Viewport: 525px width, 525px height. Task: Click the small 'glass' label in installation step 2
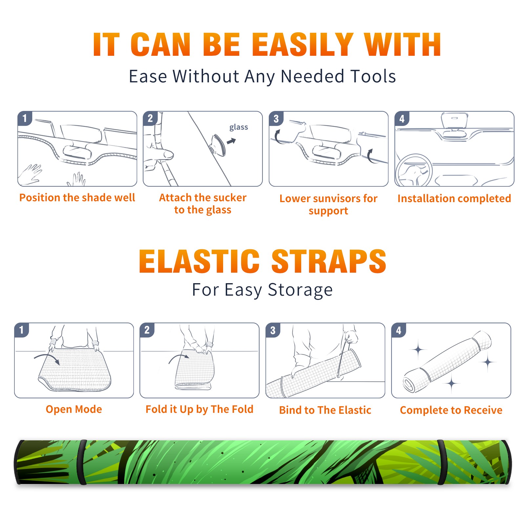tap(239, 127)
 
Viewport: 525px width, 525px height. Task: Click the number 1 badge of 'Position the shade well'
tap(25, 118)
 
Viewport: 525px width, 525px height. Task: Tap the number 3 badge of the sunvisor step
tap(276, 118)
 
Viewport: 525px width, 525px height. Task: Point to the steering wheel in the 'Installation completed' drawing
tap(414, 170)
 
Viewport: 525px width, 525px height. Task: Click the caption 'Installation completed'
tap(454, 199)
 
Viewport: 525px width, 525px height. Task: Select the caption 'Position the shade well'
tap(77, 198)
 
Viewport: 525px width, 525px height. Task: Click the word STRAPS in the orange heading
tap(329, 261)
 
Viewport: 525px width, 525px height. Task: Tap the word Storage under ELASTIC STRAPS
tap(300, 290)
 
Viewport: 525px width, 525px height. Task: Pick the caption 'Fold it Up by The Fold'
tap(199, 409)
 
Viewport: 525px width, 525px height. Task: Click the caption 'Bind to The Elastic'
tap(325, 410)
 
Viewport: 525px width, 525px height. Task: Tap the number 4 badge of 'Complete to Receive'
tap(399, 330)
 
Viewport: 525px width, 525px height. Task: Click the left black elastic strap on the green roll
tap(82, 462)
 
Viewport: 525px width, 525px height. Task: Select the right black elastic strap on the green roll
tap(442, 462)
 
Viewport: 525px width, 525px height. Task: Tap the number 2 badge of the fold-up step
tap(147, 330)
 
